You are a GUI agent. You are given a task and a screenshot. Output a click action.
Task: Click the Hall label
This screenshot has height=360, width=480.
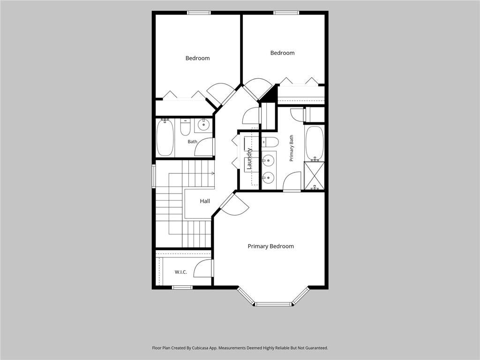click(x=205, y=201)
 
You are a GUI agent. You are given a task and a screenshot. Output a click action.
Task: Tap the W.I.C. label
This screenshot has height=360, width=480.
click(x=180, y=272)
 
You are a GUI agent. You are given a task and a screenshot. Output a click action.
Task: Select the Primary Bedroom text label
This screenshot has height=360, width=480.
click(x=270, y=246)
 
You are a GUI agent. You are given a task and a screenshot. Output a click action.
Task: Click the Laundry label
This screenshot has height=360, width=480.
click(x=249, y=158)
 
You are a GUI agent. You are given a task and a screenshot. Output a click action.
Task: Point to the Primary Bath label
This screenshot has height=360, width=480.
click(x=292, y=148)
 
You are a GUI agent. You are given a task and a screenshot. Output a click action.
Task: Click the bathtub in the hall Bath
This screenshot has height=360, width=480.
click(x=165, y=137)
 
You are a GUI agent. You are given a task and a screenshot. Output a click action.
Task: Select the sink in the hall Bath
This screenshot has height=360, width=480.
click(x=203, y=125)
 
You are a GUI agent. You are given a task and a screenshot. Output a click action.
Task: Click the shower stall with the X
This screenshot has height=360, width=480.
click(x=314, y=176)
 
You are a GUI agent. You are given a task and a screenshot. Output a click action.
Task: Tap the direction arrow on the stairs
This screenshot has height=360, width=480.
click(x=212, y=173)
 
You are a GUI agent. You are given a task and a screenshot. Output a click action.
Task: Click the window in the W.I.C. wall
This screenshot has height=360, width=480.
click(x=182, y=287)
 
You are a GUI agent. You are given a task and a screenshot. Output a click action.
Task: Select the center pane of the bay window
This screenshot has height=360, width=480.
click(x=273, y=304)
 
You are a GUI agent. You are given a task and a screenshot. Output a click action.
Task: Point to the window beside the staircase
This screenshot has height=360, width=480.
click(x=154, y=176)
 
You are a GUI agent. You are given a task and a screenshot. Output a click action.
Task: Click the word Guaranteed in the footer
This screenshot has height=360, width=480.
click(x=318, y=348)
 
